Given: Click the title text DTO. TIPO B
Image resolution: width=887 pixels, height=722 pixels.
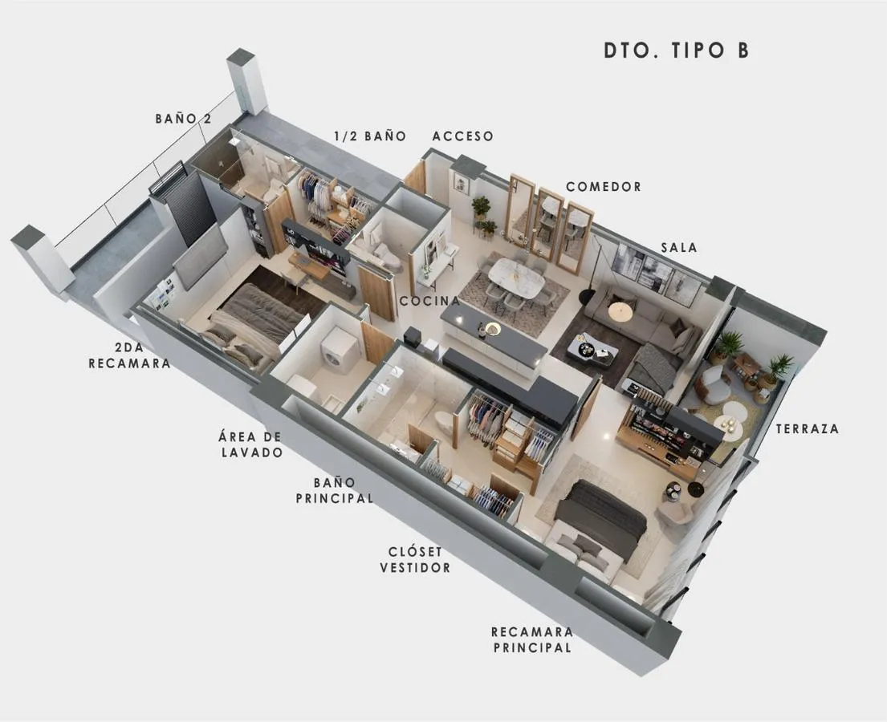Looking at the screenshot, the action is (677, 51).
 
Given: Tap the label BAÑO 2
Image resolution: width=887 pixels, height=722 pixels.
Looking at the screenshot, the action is (183, 119).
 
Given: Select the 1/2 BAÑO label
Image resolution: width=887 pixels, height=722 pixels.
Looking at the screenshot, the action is (370, 136).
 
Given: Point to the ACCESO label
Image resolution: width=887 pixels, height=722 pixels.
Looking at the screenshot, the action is (462, 136).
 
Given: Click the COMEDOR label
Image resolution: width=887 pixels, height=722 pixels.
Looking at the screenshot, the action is (604, 187).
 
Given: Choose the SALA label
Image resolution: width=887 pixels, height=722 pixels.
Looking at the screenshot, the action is (679, 248).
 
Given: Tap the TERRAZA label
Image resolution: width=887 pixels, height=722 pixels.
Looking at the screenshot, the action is (808, 428).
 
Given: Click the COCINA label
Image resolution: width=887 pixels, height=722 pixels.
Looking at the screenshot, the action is (430, 302).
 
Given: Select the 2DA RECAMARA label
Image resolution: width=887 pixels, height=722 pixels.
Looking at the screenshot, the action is (129, 355).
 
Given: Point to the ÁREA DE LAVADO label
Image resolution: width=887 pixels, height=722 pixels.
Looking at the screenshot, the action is (250, 444).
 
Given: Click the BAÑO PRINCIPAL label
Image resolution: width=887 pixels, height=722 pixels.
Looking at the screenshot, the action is (334, 490).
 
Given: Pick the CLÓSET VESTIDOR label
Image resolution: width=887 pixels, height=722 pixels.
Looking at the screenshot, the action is (415, 560).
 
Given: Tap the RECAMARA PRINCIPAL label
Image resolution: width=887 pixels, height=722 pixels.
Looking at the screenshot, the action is (532, 639).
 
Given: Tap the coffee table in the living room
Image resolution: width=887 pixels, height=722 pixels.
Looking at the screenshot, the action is (592, 347).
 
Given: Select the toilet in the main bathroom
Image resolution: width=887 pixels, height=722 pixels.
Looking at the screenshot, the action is (446, 421).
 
